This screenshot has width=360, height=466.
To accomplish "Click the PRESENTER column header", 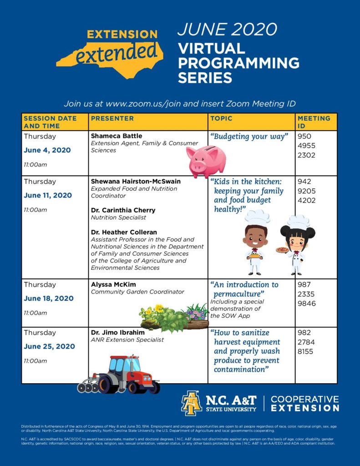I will (112, 118).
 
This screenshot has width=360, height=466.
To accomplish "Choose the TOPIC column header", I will (221, 118).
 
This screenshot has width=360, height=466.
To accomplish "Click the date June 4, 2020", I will (47, 150).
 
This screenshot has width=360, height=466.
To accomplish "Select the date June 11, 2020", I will (48, 195).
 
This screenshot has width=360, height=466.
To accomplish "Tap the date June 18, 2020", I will (48, 299).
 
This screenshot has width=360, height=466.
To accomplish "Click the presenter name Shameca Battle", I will (116, 136).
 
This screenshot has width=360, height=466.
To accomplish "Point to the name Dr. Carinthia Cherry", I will (123, 210).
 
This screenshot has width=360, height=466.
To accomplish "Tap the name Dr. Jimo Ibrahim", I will (117, 332).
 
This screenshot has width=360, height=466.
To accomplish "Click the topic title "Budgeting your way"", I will (249, 136).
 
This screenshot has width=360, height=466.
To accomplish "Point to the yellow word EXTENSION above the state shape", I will (122, 34).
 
